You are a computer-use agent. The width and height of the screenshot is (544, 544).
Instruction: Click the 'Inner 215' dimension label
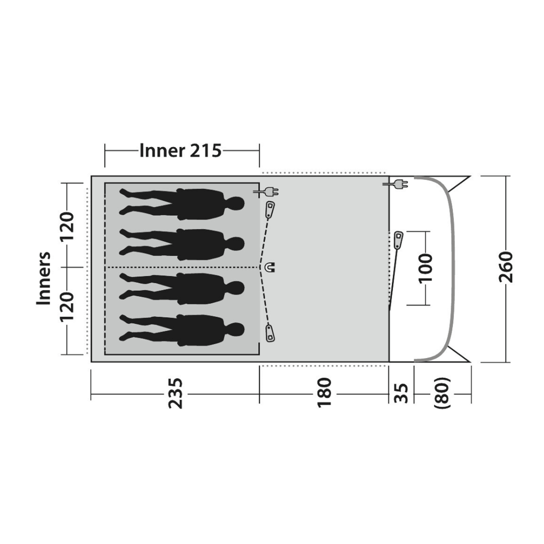[180, 151]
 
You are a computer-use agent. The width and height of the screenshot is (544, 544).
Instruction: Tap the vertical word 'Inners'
[44, 279]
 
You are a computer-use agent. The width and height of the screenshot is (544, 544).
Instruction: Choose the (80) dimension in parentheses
[442, 393]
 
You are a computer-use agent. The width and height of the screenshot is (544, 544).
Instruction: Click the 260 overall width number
[506, 267]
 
